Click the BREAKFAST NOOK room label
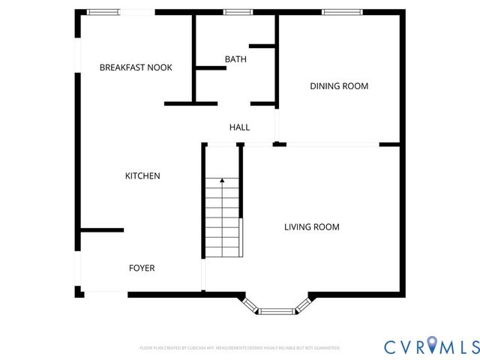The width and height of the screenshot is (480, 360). pyautogui.click(x=136, y=67)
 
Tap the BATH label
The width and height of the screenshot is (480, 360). pyautogui.click(x=235, y=58)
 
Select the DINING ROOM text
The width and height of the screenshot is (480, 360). pyautogui.click(x=339, y=86)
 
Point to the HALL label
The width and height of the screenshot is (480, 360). pyautogui.click(x=239, y=127)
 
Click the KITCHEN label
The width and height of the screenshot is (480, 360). pyautogui.click(x=142, y=176)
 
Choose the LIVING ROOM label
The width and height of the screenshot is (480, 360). pyautogui.click(x=311, y=226)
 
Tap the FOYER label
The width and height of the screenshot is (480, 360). pyautogui.click(x=142, y=268)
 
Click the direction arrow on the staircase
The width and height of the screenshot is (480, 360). pyautogui.click(x=222, y=181)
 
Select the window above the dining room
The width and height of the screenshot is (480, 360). pyautogui.click(x=342, y=12)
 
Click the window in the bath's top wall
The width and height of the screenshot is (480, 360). pyautogui.click(x=238, y=12)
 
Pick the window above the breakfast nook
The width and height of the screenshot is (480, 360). pyautogui.click(x=103, y=12)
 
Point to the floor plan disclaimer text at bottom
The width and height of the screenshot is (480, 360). pyautogui.click(x=240, y=348)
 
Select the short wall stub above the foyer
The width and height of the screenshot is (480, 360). pyautogui.click(x=102, y=230)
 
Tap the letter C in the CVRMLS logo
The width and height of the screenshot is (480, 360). pyautogui.click(x=391, y=346)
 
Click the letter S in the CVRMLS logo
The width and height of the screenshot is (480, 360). pyautogui.click(x=472, y=346)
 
